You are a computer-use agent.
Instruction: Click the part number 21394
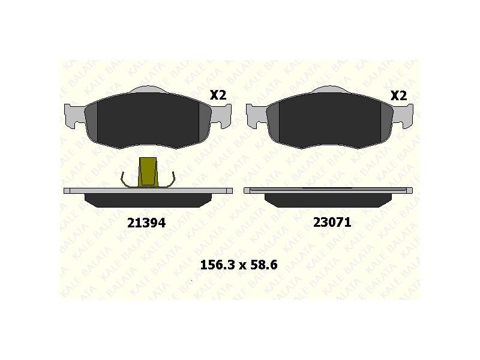click(x=146, y=223)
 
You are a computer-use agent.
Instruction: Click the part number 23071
click(x=332, y=222)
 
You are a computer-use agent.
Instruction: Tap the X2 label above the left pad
click(x=218, y=95)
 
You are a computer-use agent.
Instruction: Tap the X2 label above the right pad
click(x=398, y=96)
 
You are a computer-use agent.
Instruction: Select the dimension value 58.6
click(x=264, y=265)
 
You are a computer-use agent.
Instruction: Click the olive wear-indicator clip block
click(x=148, y=172)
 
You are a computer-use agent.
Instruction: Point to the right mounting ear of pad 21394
click(x=221, y=116)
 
